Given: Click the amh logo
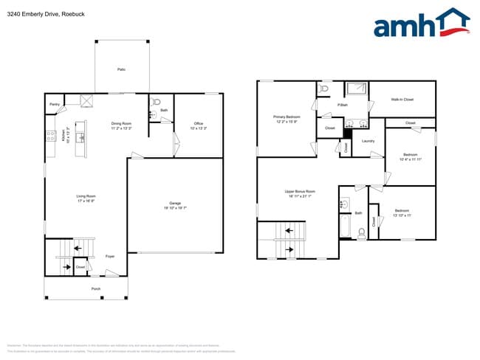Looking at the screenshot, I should pyautogui.click(x=421, y=24).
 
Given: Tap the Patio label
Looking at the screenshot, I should pyautogui.click(x=121, y=69).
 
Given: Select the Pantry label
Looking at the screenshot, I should pyautogui.click(x=54, y=105).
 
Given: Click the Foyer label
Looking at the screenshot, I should pyautogui.click(x=109, y=256).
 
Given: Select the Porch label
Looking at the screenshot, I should pyautogui.click(x=95, y=288).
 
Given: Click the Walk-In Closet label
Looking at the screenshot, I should pyautogui.click(x=402, y=99).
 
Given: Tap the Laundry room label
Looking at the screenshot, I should pyautogui.click(x=367, y=141).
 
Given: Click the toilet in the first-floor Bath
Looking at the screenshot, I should pyautogui.click(x=156, y=103).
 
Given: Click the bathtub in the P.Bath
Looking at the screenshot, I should pyautogui.click(x=357, y=89).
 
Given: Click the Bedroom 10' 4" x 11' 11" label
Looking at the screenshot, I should pyautogui.click(x=410, y=157).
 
